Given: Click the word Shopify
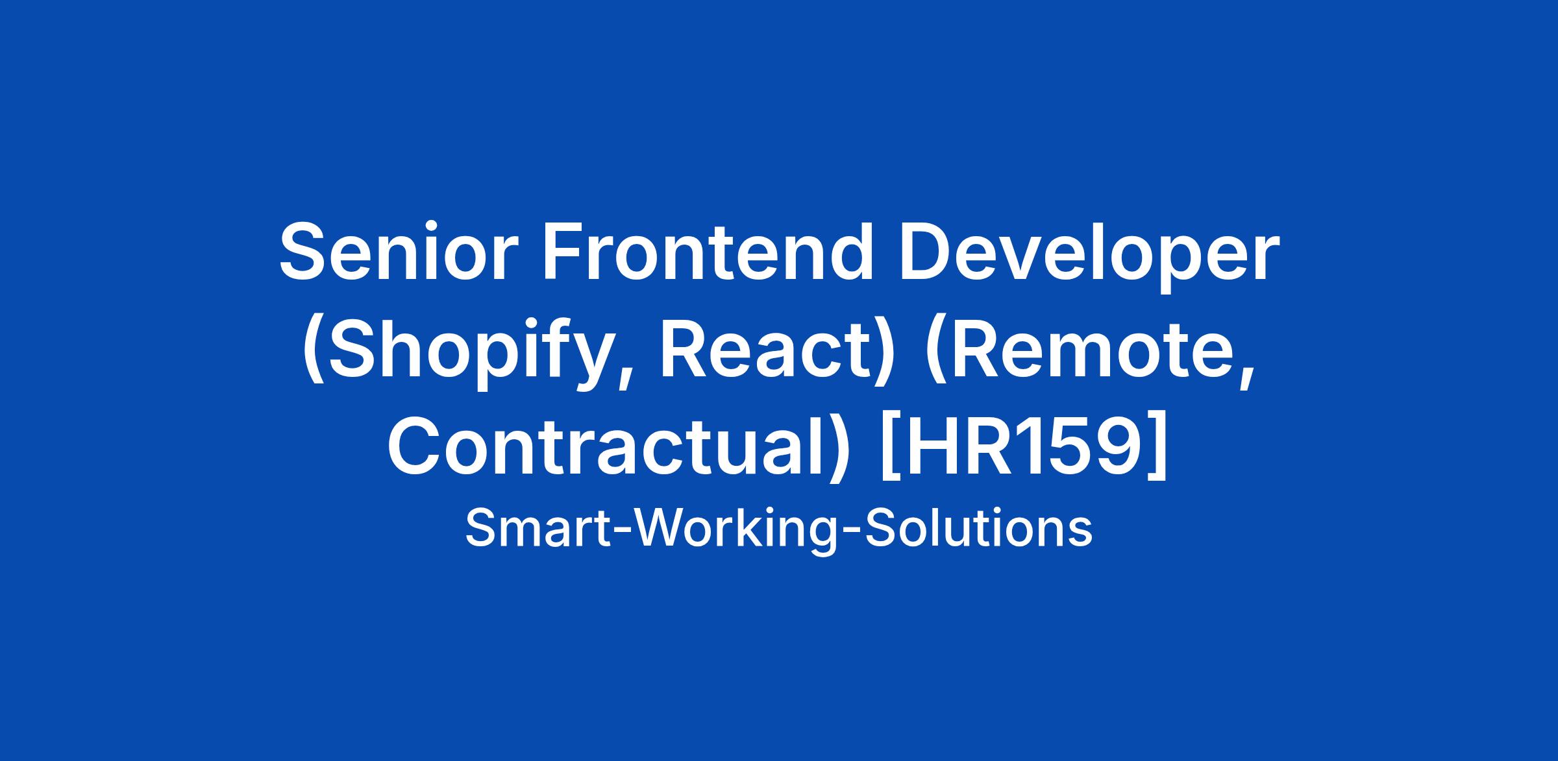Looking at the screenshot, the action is [x=465, y=354].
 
